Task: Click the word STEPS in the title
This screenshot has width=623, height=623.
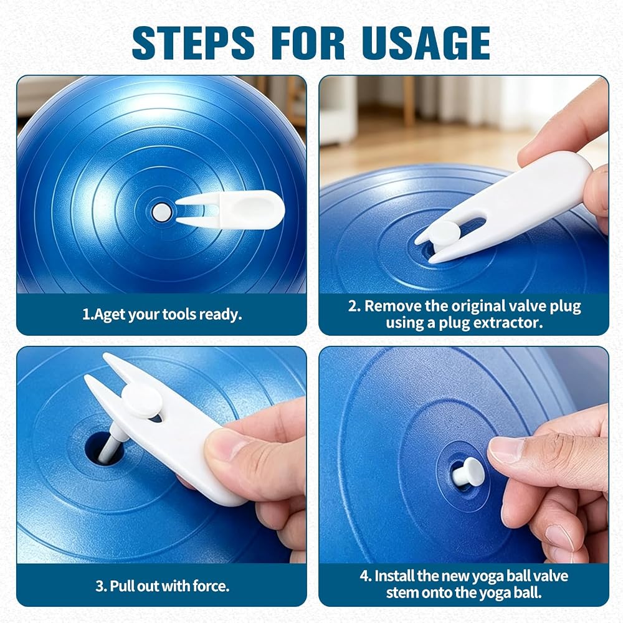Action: (x=193, y=43)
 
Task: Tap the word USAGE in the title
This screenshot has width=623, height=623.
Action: (x=426, y=43)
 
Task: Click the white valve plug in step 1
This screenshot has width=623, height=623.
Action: (x=162, y=212)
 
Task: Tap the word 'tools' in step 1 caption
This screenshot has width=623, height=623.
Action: (x=179, y=314)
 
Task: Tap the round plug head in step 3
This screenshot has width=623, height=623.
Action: (x=142, y=401)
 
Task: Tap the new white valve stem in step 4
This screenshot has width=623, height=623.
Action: (x=469, y=472)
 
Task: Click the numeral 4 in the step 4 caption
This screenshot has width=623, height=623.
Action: (x=364, y=576)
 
